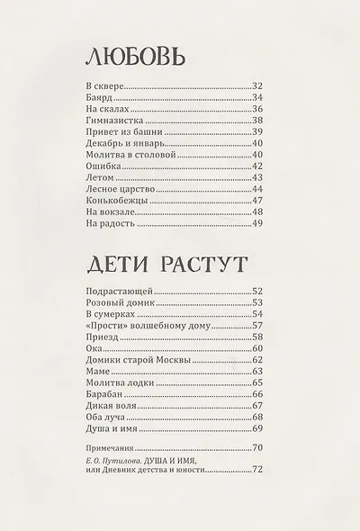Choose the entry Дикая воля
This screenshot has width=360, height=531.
pyautogui.click(x=106, y=406)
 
